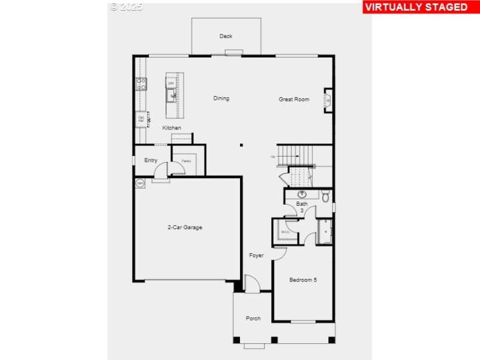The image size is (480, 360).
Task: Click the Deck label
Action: pyautogui.click(x=226, y=37)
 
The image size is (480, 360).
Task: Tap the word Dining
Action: pyautogui.click(x=221, y=98)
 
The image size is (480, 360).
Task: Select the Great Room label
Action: pyautogui.click(x=294, y=99)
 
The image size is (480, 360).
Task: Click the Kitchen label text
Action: pyautogui.click(x=172, y=128)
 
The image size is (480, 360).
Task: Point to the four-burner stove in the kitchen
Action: pyautogui.click(x=142, y=84)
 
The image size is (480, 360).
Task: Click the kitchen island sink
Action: pyautogui.click(x=172, y=96)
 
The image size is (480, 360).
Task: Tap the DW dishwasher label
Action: pyautogui.click(x=171, y=83)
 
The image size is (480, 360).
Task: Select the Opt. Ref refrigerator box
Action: pyautogui.click(x=141, y=119)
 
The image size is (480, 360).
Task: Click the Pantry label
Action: pyautogui.click(x=186, y=161)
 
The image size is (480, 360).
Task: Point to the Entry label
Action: pyautogui.click(x=151, y=160)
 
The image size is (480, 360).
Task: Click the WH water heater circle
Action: pyautogui.click(x=140, y=184)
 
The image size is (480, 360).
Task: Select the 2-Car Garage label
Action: pyautogui.click(x=184, y=227)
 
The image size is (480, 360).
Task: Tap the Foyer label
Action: pyautogui.click(x=256, y=256)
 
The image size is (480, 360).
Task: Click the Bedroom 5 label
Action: pyautogui.click(x=303, y=280)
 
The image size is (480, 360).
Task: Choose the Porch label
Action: pyautogui.click(x=253, y=319)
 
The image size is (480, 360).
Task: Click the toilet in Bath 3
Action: pyautogui.click(x=325, y=196)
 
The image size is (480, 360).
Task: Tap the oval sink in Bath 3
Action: pyautogui.click(x=302, y=194)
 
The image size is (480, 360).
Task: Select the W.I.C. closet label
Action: pyautogui.click(x=284, y=231)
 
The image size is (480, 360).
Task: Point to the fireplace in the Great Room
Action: pyautogui.click(x=328, y=100)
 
